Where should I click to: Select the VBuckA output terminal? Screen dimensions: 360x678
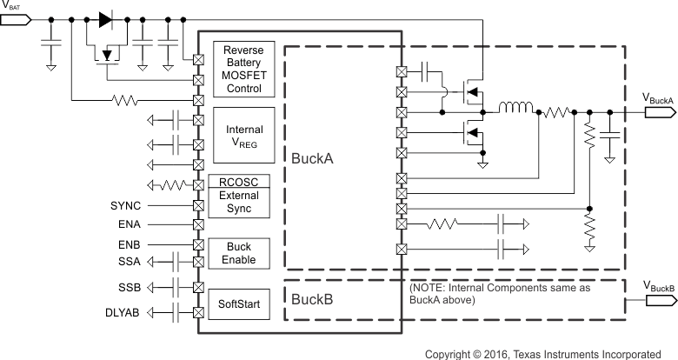[x=659, y=112]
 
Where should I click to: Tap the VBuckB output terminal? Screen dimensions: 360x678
[x=659, y=300]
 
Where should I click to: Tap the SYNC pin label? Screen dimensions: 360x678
[x=125, y=206]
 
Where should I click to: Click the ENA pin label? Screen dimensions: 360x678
[x=129, y=224]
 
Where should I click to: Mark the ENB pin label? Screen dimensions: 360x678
[x=129, y=243]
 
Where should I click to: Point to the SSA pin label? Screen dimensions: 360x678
[x=129, y=260]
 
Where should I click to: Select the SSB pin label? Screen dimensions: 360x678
[x=129, y=287]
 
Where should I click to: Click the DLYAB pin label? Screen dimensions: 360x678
[x=123, y=311]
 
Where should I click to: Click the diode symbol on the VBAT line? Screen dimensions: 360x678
[x=107, y=18]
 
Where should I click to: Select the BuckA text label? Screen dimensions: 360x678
[x=313, y=158]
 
